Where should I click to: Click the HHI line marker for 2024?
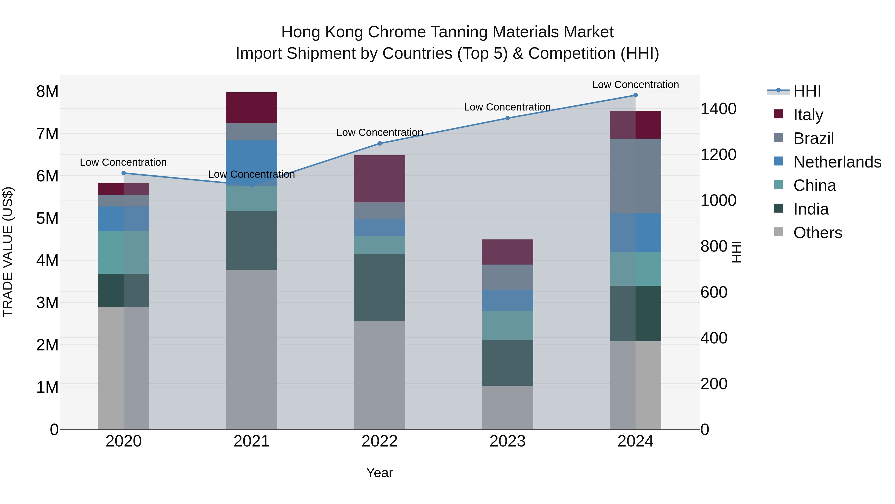[x=635, y=95]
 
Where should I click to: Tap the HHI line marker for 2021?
[x=252, y=185]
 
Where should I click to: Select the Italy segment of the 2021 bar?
[x=252, y=108]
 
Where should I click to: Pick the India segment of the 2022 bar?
[x=379, y=287]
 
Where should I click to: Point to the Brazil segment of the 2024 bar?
[x=635, y=176]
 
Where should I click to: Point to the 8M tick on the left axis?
[x=47, y=92]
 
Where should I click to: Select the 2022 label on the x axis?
[x=379, y=441]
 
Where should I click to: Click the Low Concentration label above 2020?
[x=123, y=163]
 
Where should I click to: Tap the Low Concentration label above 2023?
[x=507, y=107]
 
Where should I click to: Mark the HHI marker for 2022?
[x=379, y=143]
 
